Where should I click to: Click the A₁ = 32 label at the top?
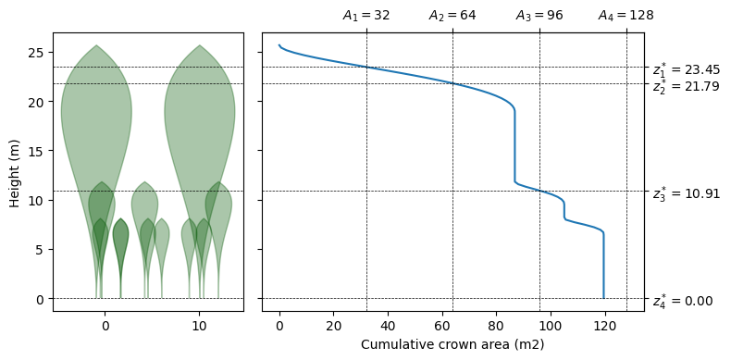coord(366,16)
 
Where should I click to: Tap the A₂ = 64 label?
coord(452,16)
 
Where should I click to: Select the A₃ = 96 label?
coord(539,16)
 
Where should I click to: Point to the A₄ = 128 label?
coord(626,16)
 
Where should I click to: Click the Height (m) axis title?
coord(15,172)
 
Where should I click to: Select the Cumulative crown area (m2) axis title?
coord(452,344)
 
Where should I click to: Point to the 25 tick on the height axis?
coord(39,52)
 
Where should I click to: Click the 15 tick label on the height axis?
coord(39,151)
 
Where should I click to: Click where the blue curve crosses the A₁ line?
coord(367,68)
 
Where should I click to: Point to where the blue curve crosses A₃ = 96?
coord(539,191)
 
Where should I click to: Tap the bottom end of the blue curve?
coord(603,298)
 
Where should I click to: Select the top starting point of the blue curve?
coord(279,44)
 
